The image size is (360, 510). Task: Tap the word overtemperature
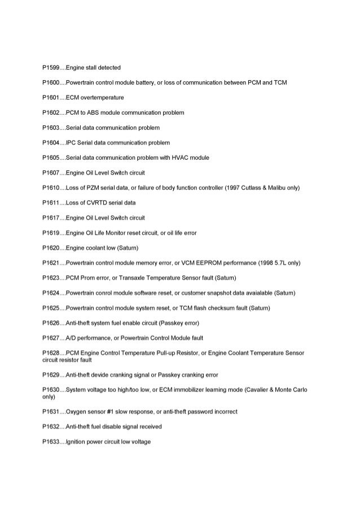(103, 98)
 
